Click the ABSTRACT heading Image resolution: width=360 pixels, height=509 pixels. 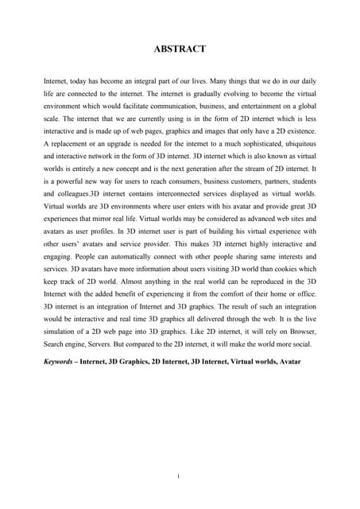click(180, 49)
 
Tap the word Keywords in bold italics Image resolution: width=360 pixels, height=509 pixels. click(64, 363)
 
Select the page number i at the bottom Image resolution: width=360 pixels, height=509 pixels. click(180, 476)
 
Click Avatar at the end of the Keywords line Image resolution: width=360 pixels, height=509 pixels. click(288, 363)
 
